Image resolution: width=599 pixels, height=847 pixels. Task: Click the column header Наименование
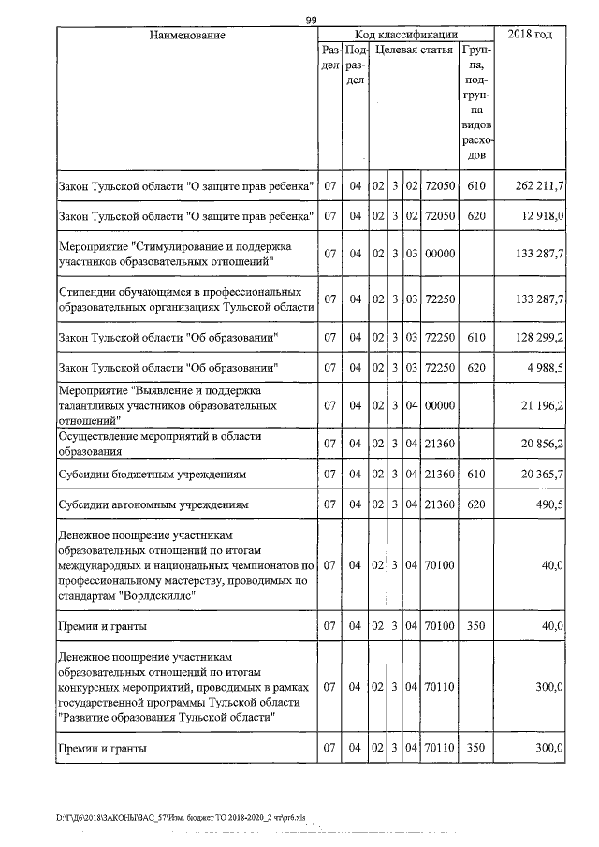(x=187, y=35)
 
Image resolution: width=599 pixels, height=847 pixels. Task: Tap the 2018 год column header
(x=529, y=35)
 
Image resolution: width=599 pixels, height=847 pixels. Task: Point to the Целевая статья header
(x=415, y=50)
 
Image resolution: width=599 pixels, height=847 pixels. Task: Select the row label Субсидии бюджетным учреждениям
(x=153, y=475)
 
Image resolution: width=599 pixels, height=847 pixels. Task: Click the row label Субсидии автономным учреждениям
(x=153, y=505)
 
